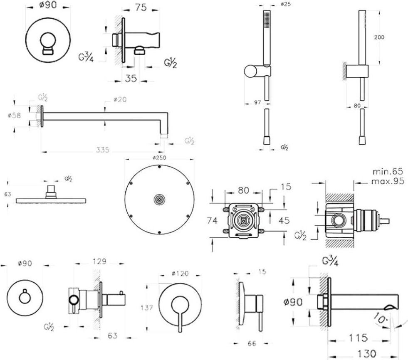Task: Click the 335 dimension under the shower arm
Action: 101,150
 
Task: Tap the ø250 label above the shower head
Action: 160,158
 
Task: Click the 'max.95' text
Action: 388,181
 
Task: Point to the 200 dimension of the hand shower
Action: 379,37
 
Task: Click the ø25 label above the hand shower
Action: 285,4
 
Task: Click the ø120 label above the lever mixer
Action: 180,274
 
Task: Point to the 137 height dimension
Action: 147,308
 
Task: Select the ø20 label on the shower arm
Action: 120,99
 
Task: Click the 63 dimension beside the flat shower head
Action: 7,193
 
